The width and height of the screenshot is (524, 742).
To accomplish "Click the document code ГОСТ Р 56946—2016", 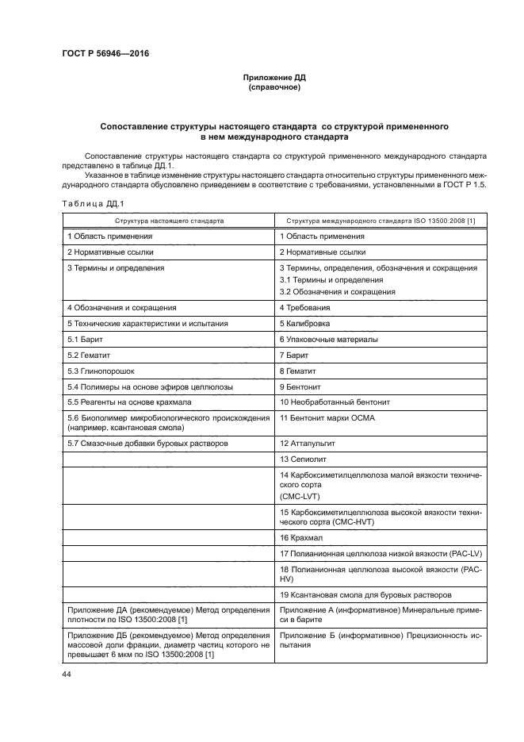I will coord(105,53).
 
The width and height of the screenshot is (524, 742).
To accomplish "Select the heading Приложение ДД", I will coord(273,78).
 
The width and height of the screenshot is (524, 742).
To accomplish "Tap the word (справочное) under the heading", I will coord(273,87).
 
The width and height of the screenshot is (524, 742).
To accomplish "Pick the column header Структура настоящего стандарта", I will coord(168,220).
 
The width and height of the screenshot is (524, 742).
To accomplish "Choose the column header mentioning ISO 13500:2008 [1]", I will coord(381,220).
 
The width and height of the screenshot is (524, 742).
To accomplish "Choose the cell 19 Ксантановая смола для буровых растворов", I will coord(366,594).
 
